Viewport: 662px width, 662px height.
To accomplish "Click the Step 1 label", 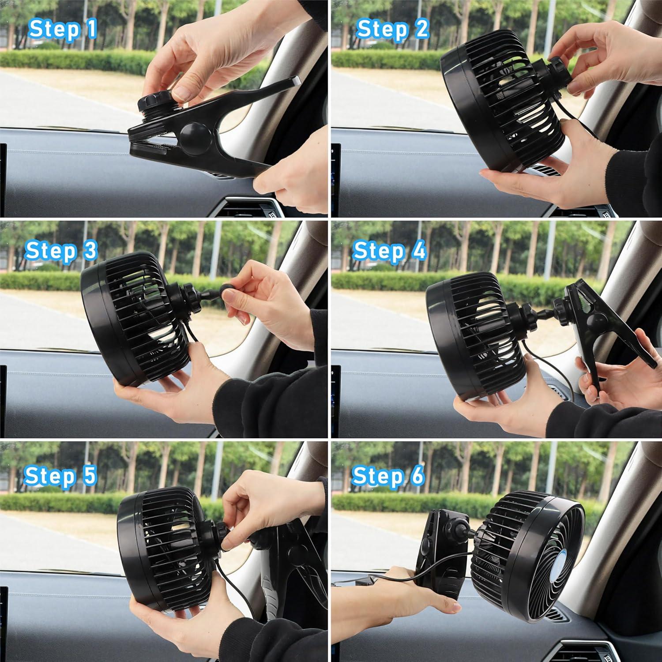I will pyautogui.click(x=62, y=30).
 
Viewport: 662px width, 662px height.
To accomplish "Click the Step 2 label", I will pyautogui.click(x=392, y=30).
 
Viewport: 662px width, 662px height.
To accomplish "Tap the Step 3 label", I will pyautogui.click(x=60, y=250).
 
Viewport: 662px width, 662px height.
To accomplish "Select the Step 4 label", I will pyautogui.click(x=390, y=250).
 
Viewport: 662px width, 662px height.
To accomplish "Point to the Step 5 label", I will pyautogui.click(x=60, y=475).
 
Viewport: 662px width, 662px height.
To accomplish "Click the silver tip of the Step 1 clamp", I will pyautogui.click(x=294, y=81).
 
